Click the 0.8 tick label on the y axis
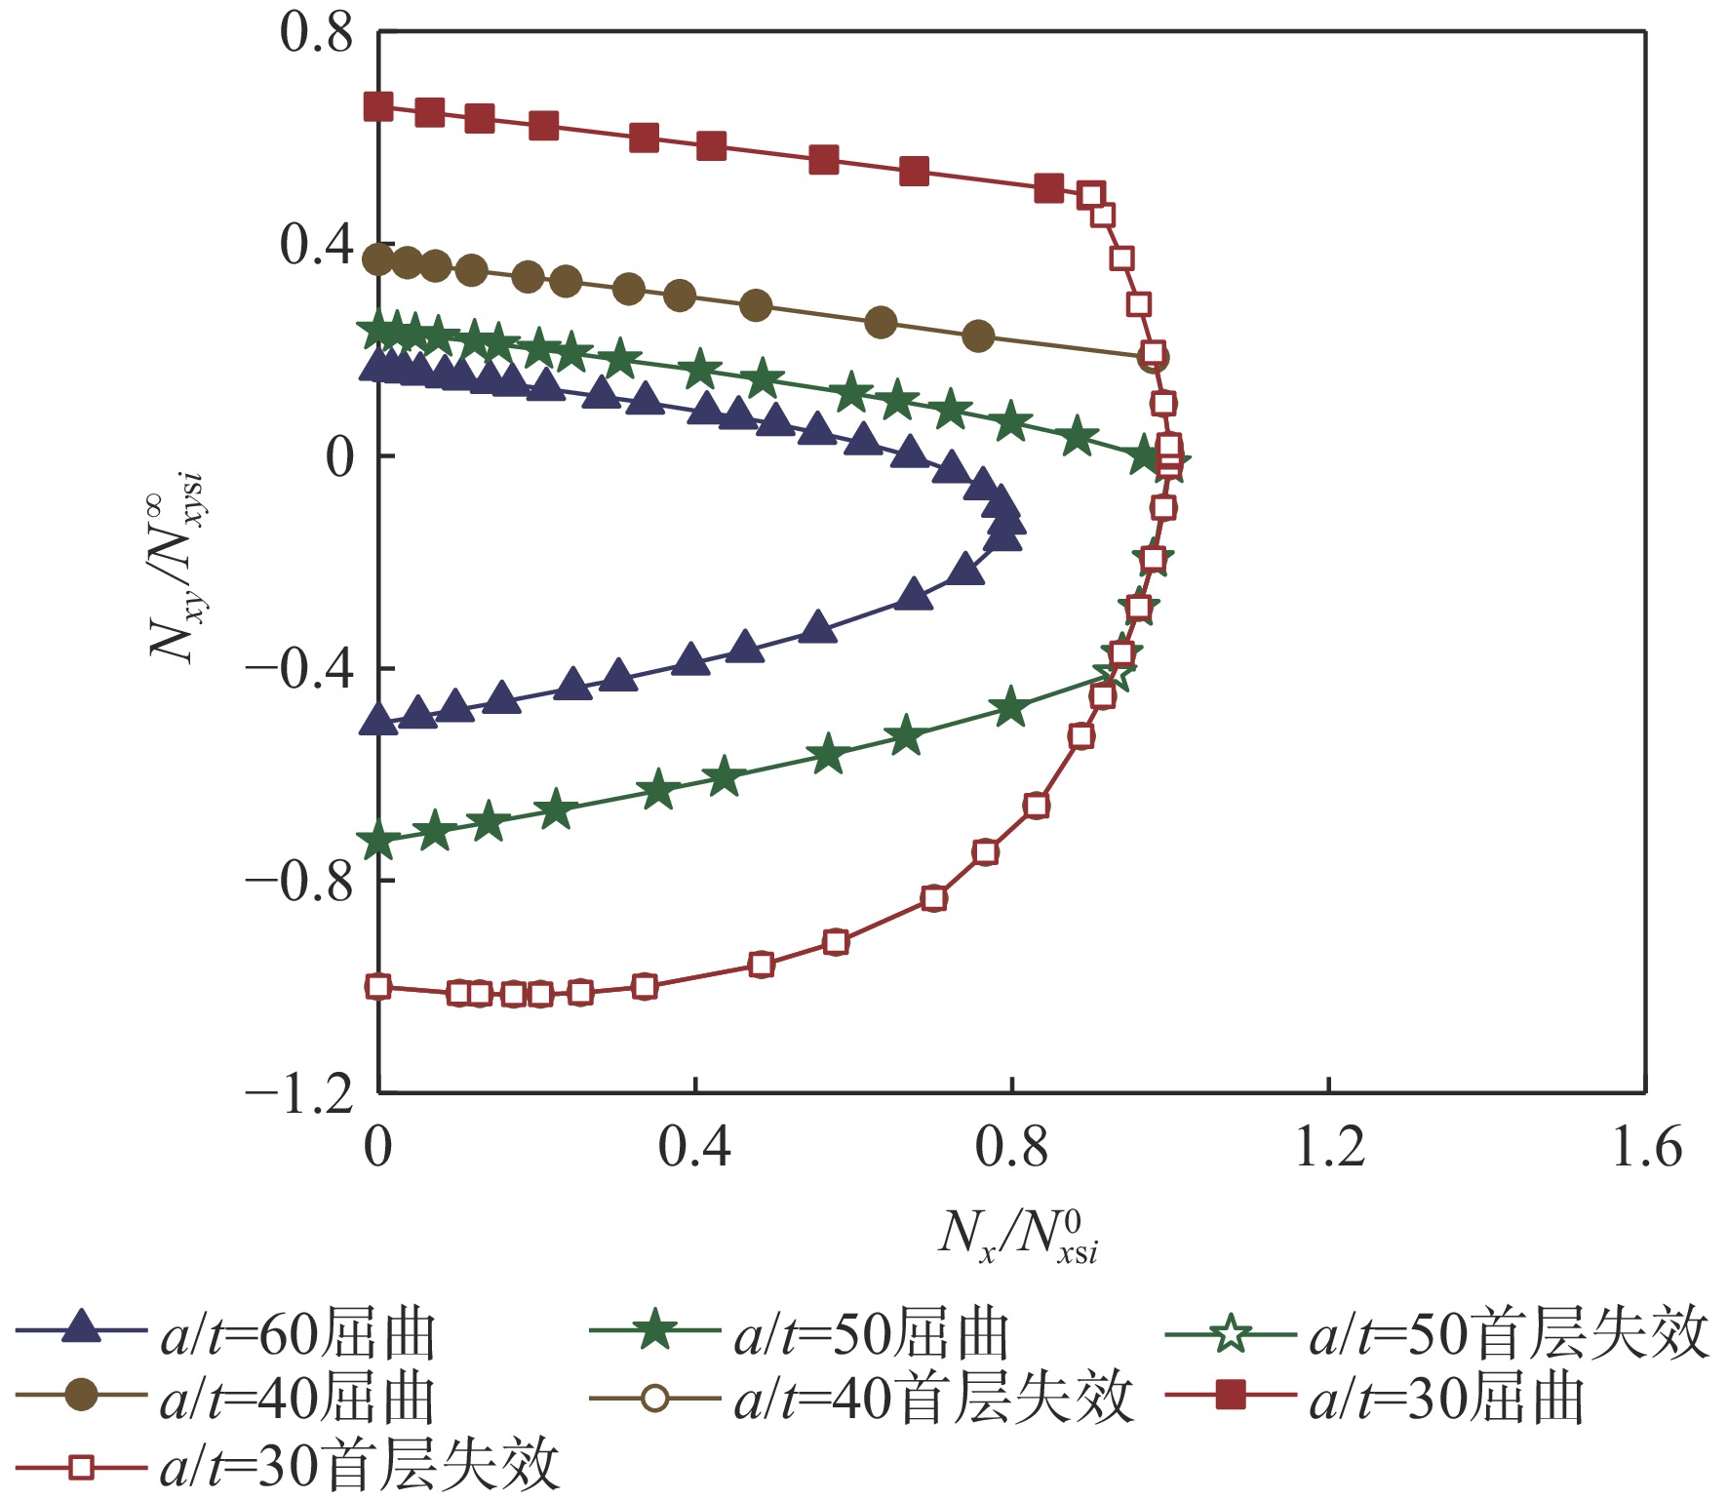coord(316,33)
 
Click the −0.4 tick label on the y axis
coord(298,670)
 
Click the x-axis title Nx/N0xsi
coord(1018,1236)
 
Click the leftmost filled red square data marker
coord(378,106)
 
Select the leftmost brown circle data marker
coord(378,259)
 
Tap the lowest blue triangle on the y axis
coord(378,721)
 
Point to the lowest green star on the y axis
coord(378,841)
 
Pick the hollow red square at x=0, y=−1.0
coord(378,986)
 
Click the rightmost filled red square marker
coord(1048,188)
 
